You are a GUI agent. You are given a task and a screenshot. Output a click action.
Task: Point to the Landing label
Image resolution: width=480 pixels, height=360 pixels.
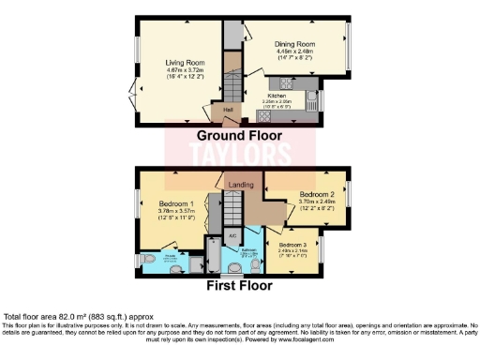click(241, 186)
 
